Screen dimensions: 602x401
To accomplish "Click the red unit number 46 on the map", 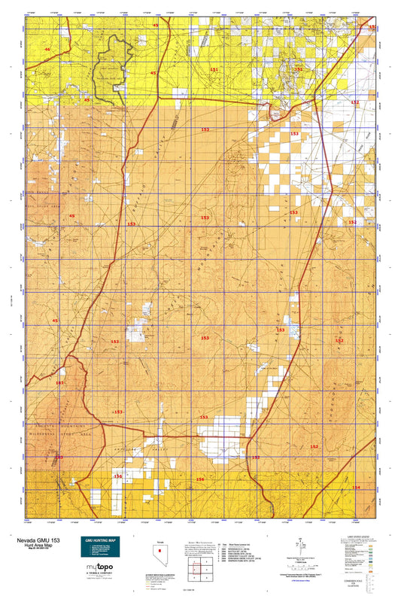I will (x=47, y=49).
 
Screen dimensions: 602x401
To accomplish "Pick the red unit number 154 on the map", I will (x=356, y=488).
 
